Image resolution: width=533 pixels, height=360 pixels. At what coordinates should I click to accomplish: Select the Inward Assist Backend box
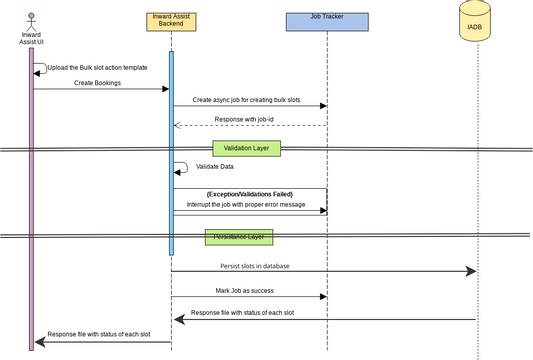[x=171, y=19]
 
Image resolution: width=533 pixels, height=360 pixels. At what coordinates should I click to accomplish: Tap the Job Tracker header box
[x=326, y=19]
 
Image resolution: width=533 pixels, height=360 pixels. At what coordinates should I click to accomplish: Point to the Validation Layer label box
[x=247, y=148]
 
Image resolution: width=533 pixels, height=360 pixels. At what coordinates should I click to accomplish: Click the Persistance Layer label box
[x=239, y=237]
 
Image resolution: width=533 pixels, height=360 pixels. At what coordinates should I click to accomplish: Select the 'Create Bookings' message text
[x=97, y=83]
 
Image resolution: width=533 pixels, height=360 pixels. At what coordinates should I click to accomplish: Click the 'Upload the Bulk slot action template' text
[x=96, y=68]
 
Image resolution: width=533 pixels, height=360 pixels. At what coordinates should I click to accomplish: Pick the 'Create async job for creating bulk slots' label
[x=246, y=100]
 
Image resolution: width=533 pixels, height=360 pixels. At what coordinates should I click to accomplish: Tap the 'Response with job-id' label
[x=247, y=120]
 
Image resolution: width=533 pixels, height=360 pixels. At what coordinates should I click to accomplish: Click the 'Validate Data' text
[x=215, y=167]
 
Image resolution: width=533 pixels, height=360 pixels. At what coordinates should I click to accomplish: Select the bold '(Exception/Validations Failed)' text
[x=249, y=193]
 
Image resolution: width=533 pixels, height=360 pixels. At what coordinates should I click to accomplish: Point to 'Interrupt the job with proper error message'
[x=246, y=204]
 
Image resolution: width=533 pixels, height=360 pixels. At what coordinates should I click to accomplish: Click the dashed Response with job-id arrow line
[x=250, y=126]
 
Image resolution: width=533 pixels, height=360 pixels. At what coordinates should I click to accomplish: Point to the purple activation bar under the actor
[x=31, y=200]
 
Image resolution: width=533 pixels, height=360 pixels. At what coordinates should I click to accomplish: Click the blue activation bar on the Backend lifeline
[x=171, y=150]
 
